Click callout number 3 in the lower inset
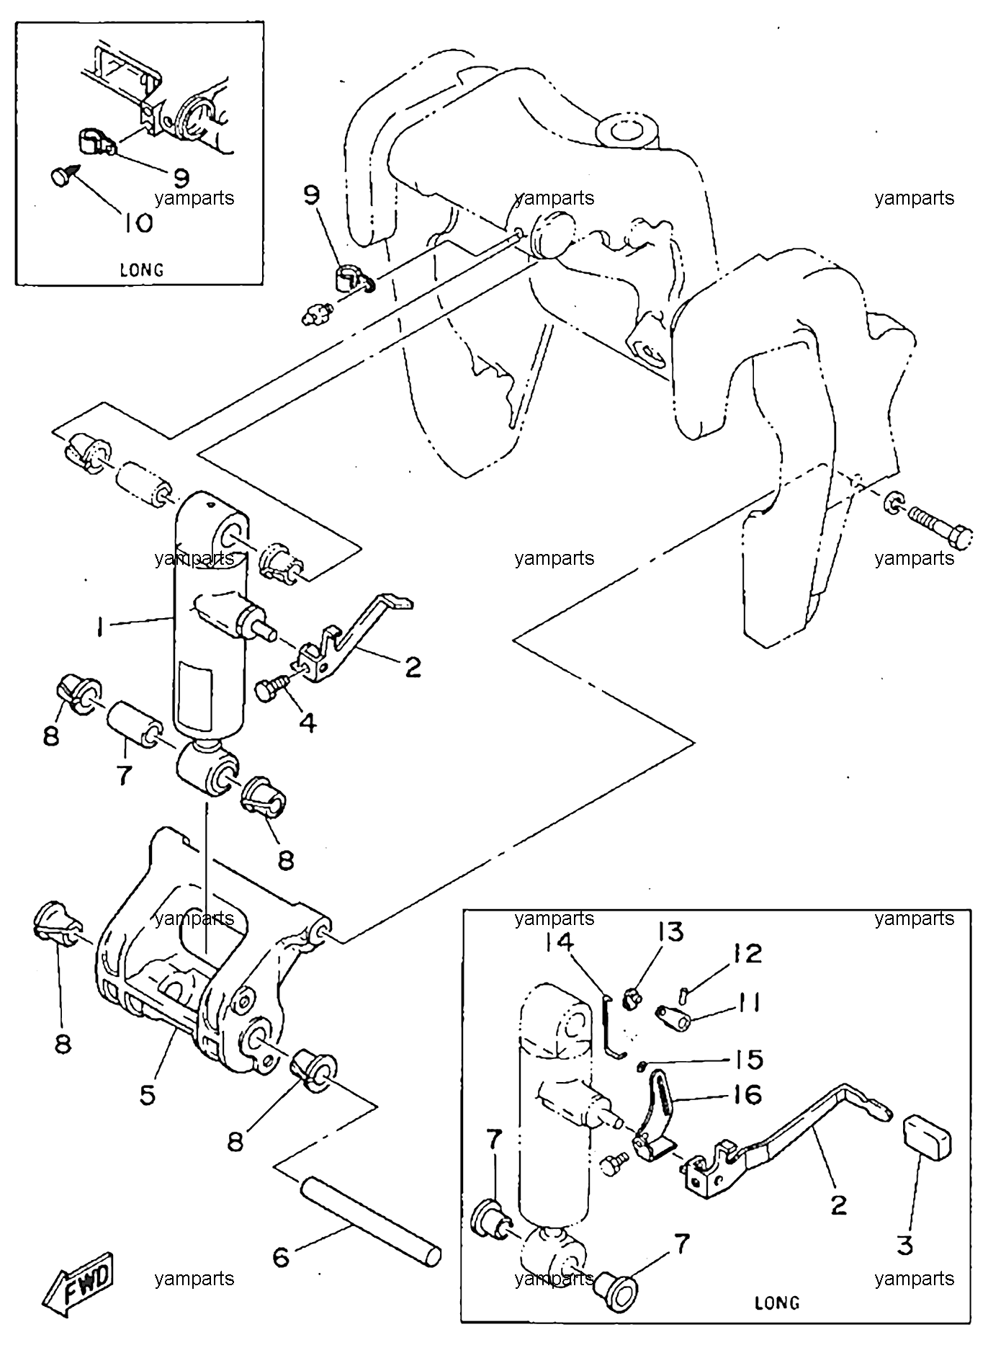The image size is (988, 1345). click(905, 1245)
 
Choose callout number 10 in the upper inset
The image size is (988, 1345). click(135, 223)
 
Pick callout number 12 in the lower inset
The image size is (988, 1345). click(747, 954)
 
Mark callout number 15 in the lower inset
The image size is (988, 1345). click(749, 1059)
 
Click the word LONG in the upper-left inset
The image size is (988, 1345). click(141, 270)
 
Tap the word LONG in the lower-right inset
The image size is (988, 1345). click(777, 1302)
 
